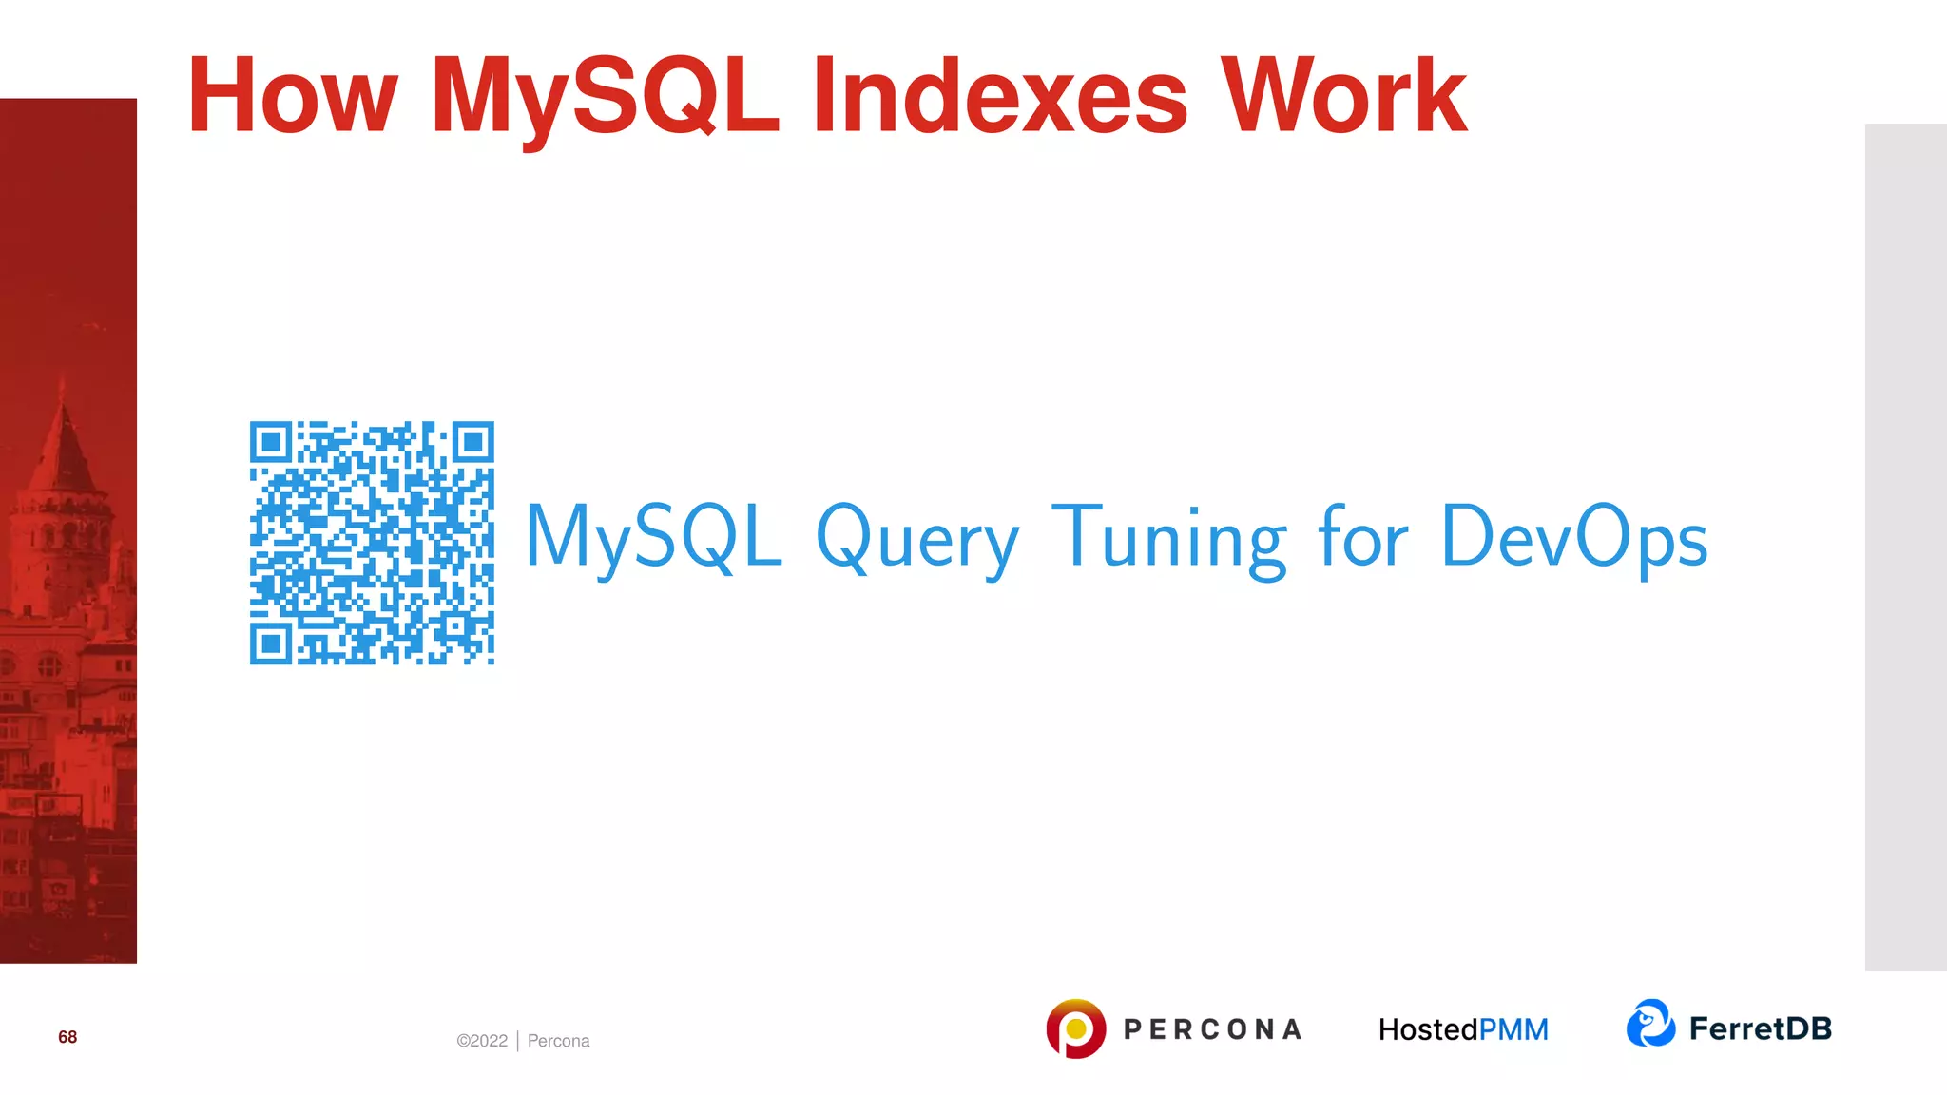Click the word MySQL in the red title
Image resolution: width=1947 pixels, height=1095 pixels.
coord(605,96)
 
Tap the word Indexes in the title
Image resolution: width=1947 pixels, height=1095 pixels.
coord(998,96)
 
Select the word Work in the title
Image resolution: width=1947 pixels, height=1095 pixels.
coord(1343,96)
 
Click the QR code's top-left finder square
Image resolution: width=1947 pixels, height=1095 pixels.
coord(271,442)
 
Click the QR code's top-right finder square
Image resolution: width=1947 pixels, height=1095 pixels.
coord(472,442)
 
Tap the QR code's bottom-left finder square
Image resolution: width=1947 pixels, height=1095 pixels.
coord(271,644)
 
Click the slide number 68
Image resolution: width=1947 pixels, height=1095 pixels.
coord(67,1037)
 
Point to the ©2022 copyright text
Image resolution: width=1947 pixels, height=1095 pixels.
coord(482,1041)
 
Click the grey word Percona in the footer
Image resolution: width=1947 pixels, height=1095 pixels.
coord(558,1041)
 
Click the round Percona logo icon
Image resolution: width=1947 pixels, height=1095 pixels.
coord(1075,1028)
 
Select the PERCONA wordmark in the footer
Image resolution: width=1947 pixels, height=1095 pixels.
coord(1212,1029)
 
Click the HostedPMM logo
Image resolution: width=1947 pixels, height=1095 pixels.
coord(1463,1029)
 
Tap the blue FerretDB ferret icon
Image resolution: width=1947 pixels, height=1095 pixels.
coord(1650,1024)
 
